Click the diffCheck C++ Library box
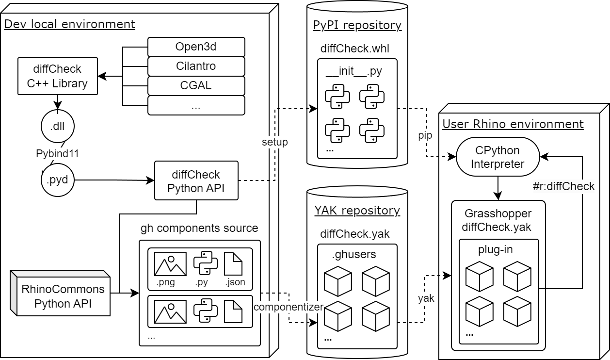coord(57,76)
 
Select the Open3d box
coord(196,47)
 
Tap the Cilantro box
coord(196,66)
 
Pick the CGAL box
coord(196,85)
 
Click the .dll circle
coord(58,127)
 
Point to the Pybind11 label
coord(58,154)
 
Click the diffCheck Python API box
coord(196,181)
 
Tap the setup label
coord(274,142)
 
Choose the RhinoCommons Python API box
coord(63,296)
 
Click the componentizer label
coord(289,307)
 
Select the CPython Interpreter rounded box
coord(498,157)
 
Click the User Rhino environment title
coord(513,124)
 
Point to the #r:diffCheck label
coord(562,186)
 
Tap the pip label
coord(425,135)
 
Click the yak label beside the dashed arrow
coord(426,298)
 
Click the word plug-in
coord(495,250)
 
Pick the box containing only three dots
coord(196,105)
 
